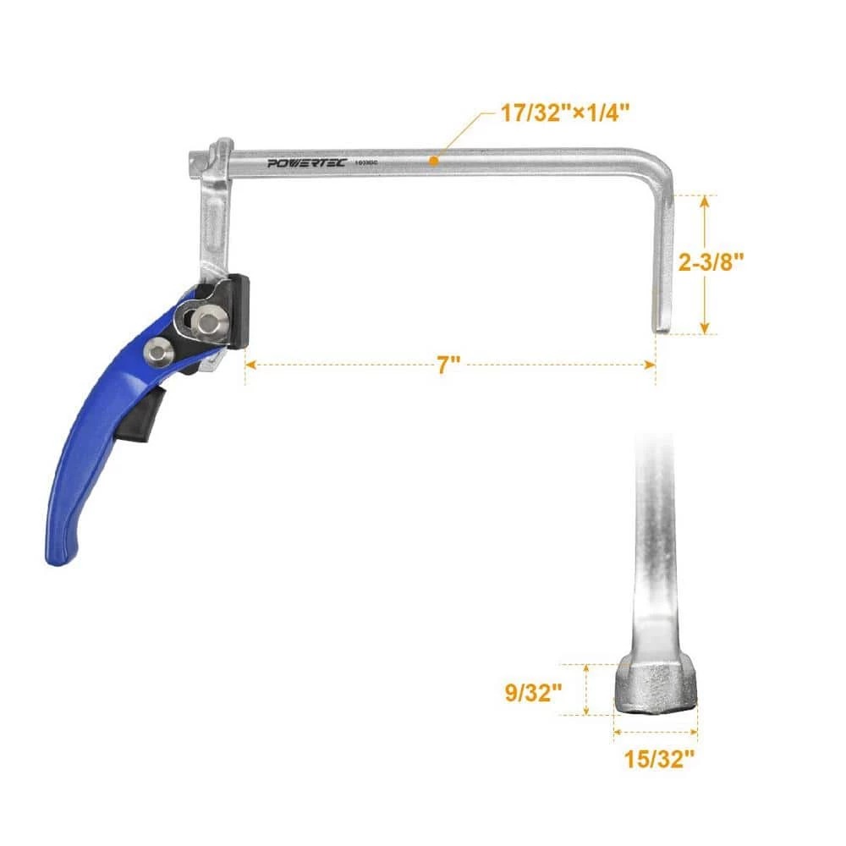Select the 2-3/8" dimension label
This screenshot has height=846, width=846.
tap(711, 262)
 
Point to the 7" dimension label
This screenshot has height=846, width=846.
tap(448, 365)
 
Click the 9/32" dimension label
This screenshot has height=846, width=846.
tap(531, 693)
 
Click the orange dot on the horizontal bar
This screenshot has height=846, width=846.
tap(433, 159)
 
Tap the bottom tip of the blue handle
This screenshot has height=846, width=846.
tap(59, 555)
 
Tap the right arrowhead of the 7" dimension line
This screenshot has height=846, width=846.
tap(651, 365)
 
